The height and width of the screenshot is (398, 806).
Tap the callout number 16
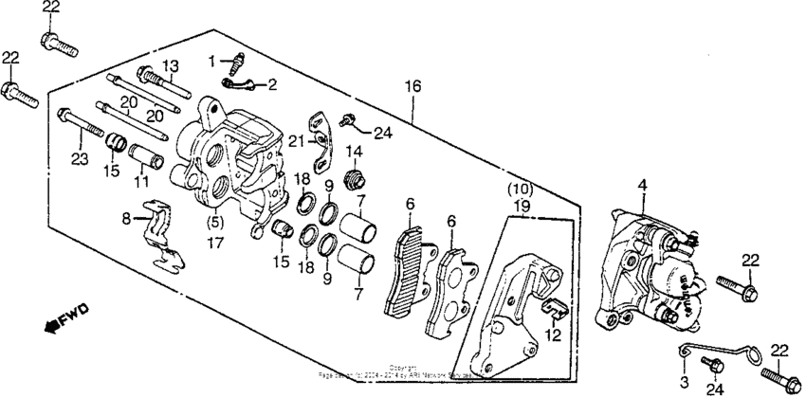412,86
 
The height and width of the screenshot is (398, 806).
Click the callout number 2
271,85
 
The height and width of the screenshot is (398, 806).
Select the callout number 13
170,64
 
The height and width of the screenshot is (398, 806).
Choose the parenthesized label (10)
522,189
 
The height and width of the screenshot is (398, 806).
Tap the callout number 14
355,152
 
